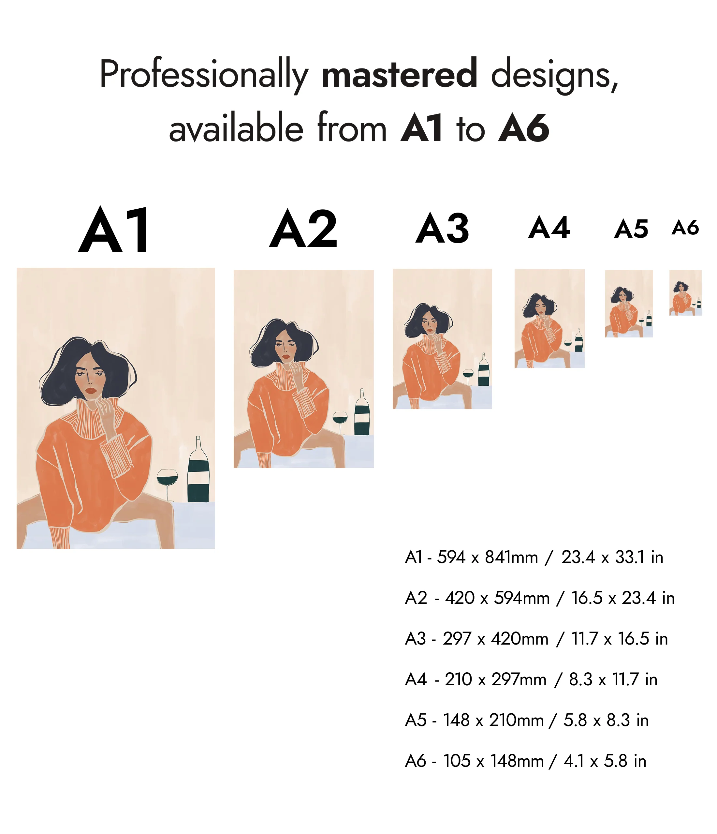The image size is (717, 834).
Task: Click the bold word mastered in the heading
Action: pos(400,73)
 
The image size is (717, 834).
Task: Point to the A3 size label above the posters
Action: pos(442,228)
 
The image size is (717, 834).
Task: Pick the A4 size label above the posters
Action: pos(549,228)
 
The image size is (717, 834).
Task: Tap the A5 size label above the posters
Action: pos(631,229)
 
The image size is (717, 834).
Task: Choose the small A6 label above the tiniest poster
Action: pos(685,228)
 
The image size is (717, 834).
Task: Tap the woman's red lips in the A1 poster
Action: pos(91,390)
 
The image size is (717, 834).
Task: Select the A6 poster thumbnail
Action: pos(685,293)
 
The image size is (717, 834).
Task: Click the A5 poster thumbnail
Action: pos(628,304)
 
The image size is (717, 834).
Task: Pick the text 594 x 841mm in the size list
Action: pos(487,557)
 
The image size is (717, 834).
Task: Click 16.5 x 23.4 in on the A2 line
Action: pos(622,598)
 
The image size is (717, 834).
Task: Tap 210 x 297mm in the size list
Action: pos(495,679)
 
